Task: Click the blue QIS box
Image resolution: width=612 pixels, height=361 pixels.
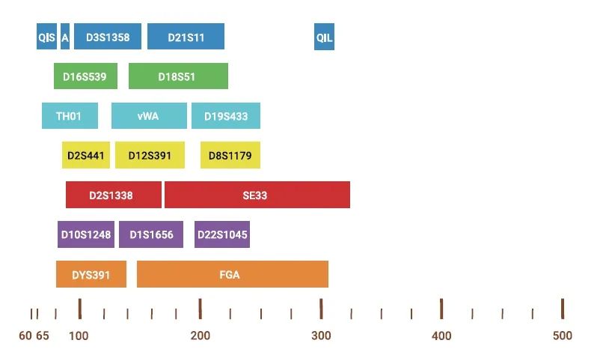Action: [46, 37]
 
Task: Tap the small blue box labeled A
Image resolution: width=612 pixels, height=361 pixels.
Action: [65, 37]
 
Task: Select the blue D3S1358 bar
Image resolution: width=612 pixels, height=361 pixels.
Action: [108, 37]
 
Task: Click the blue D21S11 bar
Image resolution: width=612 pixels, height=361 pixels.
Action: [186, 37]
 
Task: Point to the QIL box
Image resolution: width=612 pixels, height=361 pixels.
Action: [325, 37]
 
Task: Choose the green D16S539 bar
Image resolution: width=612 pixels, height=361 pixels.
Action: [85, 76]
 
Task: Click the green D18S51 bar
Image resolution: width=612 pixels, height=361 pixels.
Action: [178, 76]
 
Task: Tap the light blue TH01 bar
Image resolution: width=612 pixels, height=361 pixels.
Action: [70, 115]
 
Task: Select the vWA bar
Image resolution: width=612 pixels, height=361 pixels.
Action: [149, 115]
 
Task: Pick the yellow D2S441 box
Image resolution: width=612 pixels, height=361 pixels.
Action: [86, 155]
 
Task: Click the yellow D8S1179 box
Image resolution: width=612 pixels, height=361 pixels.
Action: [230, 155]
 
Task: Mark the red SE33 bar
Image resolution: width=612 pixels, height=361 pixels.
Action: [257, 195]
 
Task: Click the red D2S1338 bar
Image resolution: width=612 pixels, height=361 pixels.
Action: [114, 195]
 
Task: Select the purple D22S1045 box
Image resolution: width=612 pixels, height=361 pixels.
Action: [222, 234]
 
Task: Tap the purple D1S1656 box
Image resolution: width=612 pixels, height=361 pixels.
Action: [151, 234]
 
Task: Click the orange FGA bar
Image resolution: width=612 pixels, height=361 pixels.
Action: [233, 274]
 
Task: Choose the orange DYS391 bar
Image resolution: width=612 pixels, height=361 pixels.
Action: [91, 274]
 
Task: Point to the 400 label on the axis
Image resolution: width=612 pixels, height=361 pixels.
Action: [441, 336]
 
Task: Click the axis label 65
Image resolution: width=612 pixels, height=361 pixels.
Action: [43, 336]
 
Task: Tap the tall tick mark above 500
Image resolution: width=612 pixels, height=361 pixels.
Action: [563, 309]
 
